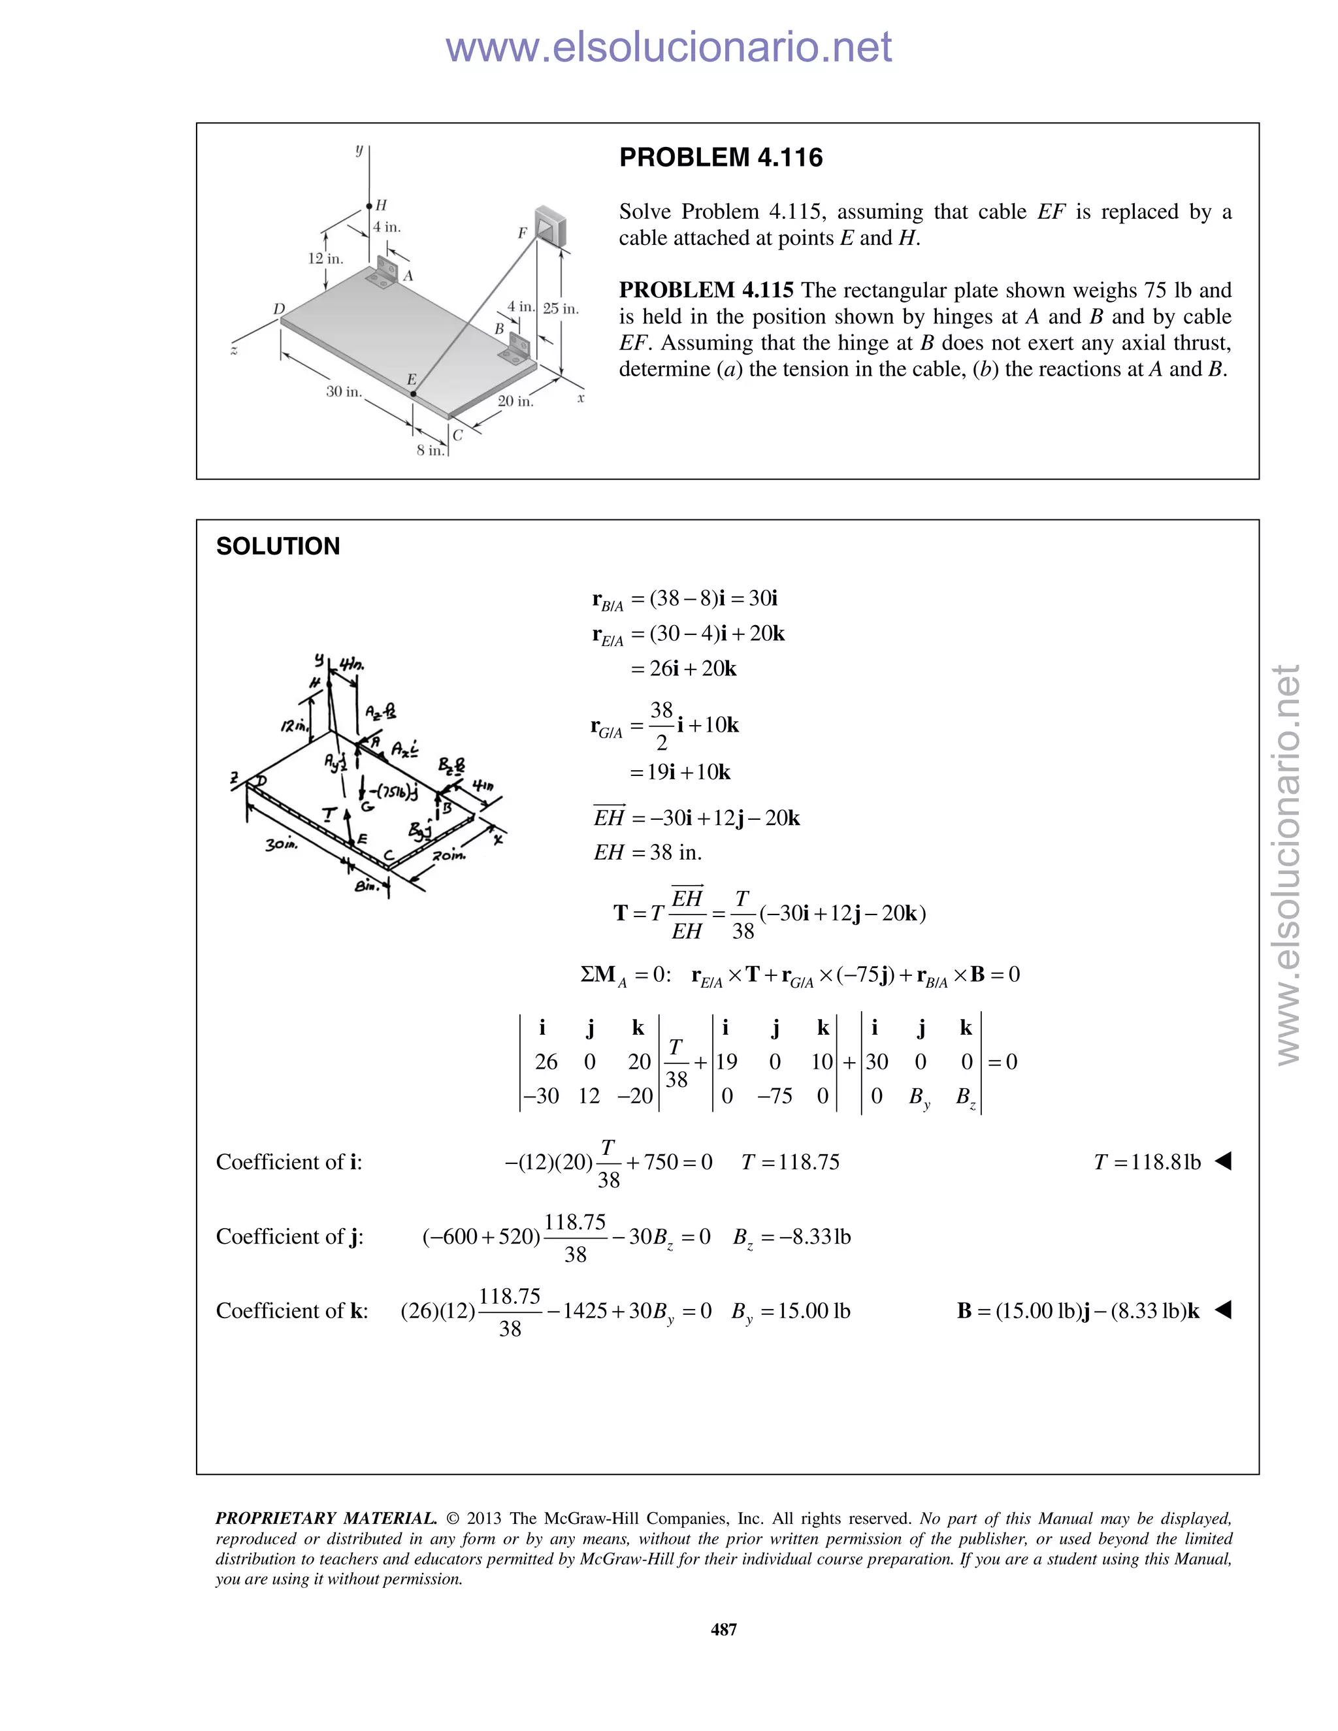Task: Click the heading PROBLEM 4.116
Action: (721, 157)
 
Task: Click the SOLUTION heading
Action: (278, 546)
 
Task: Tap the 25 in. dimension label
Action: (561, 308)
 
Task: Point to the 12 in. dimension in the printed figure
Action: (325, 259)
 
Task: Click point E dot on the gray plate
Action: (413, 394)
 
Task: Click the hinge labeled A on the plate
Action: (383, 274)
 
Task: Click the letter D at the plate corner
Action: (279, 308)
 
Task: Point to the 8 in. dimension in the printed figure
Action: (431, 450)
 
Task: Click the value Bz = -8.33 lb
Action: (791, 1237)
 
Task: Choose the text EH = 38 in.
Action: (647, 853)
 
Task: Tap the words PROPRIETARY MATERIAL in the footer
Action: (326, 1519)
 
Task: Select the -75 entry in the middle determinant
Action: (774, 1096)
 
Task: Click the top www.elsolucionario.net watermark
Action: (668, 48)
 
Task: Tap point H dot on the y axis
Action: (369, 206)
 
